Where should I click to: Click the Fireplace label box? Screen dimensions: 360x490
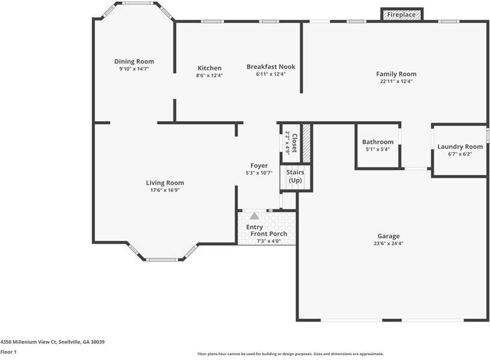pyautogui.click(x=402, y=14)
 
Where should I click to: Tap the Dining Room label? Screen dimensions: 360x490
pyautogui.click(x=134, y=61)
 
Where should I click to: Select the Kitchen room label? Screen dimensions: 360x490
pyautogui.click(x=209, y=68)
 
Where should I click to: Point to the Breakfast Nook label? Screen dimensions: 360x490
pyautogui.click(x=271, y=67)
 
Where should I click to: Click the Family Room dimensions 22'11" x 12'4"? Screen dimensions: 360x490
pyautogui.click(x=396, y=81)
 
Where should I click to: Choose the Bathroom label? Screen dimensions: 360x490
pyautogui.click(x=378, y=142)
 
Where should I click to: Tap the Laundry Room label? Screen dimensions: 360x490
pyautogui.click(x=460, y=146)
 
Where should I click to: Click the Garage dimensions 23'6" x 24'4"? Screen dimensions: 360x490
pyautogui.click(x=389, y=244)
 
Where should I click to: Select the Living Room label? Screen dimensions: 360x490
pyautogui.click(x=165, y=183)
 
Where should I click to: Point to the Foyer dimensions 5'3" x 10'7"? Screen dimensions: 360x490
pyautogui.click(x=259, y=173)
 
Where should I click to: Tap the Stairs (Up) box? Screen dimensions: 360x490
pyautogui.click(x=295, y=176)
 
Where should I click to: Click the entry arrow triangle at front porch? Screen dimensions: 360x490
pyautogui.click(x=255, y=215)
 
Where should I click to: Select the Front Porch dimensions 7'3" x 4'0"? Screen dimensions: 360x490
pyautogui.click(x=268, y=241)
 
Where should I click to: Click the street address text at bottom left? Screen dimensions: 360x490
pyautogui.click(x=52, y=342)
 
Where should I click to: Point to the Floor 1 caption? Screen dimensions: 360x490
pyautogui.click(x=8, y=352)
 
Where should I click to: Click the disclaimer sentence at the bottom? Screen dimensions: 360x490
pyautogui.click(x=290, y=354)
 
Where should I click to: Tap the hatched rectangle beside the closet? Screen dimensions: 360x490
pyautogui.click(x=306, y=143)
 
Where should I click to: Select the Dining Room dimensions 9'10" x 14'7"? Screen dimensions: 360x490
pyautogui.click(x=134, y=69)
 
